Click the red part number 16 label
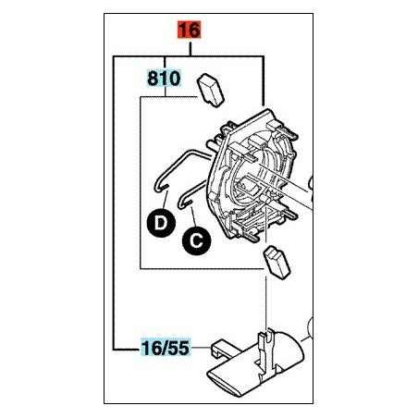(x=189, y=30)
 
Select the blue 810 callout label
(x=164, y=79)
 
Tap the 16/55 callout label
(x=166, y=348)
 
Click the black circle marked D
(x=161, y=223)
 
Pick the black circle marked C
(x=196, y=240)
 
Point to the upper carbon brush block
(x=210, y=91)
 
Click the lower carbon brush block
(x=276, y=263)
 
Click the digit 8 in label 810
(x=153, y=79)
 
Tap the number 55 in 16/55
(x=179, y=348)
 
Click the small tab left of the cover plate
(x=219, y=350)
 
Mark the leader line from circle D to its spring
(x=165, y=200)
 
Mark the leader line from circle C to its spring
(x=193, y=216)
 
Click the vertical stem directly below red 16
(x=191, y=49)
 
